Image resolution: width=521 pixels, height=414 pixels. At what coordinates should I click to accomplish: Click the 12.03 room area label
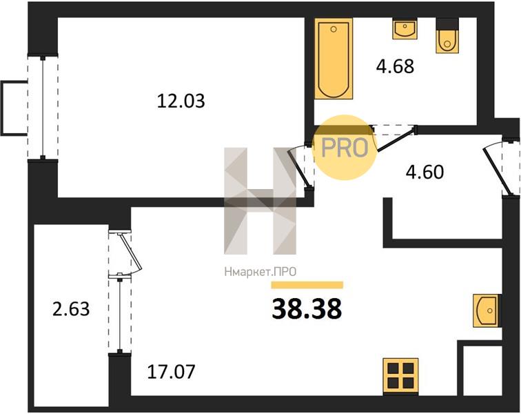click(x=181, y=101)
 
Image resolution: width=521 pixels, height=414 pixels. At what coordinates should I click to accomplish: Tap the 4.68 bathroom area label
click(x=395, y=66)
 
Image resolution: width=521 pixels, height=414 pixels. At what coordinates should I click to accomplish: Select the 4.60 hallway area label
click(x=425, y=172)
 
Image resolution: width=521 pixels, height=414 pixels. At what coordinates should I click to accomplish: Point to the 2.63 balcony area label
click(x=71, y=309)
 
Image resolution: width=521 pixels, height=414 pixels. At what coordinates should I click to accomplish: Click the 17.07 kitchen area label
click(x=171, y=372)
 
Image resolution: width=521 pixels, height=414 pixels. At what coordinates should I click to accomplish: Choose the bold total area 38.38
click(x=307, y=308)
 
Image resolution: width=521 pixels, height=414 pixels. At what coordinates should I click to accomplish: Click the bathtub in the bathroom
click(x=334, y=59)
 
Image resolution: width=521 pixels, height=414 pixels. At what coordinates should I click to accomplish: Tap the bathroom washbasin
click(x=405, y=29)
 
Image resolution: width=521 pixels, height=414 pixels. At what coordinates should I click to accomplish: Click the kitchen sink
click(x=485, y=310)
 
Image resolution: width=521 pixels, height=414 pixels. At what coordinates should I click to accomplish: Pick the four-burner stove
click(x=400, y=376)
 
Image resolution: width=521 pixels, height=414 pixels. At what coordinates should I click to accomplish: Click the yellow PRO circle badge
click(x=345, y=148)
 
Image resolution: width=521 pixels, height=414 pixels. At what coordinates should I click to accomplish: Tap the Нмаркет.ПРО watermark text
click(x=260, y=273)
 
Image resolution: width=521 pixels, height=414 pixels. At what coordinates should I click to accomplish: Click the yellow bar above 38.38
click(x=307, y=285)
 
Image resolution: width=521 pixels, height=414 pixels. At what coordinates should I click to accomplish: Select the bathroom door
click(x=394, y=138)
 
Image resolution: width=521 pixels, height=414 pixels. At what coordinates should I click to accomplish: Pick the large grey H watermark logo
click(x=260, y=201)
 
